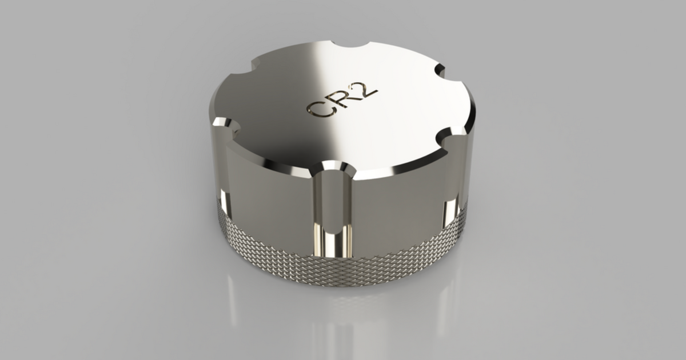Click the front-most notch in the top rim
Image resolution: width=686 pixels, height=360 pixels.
tap(333, 167)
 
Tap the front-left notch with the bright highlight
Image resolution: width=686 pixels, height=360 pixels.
tap(223, 125)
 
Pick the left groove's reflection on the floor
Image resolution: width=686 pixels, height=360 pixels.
tap(232, 297)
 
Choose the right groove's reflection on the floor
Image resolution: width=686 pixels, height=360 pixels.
tap(446, 297)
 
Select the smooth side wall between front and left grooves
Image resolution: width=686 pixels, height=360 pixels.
tap(269, 194)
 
